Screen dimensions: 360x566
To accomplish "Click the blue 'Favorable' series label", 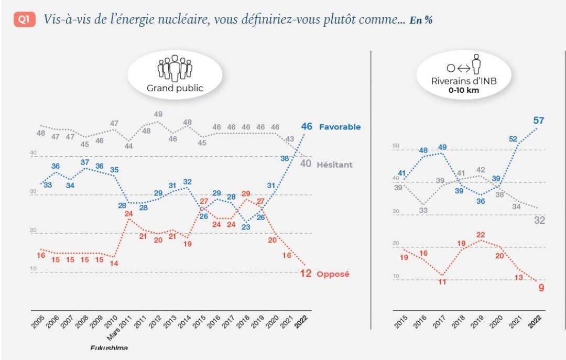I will [x=339, y=127].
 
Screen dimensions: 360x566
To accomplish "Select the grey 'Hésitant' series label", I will [x=334, y=165].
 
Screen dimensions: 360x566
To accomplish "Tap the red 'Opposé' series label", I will [x=333, y=274].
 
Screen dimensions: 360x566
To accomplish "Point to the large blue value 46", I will [x=307, y=126].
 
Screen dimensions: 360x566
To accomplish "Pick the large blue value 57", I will [x=539, y=121].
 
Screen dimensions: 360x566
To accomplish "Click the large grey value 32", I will [x=539, y=221].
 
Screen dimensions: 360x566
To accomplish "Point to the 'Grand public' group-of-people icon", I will [x=175, y=68].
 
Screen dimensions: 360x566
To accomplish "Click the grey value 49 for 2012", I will [x=159, y=114].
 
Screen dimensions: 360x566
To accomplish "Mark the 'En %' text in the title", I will [x=421, y=20].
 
